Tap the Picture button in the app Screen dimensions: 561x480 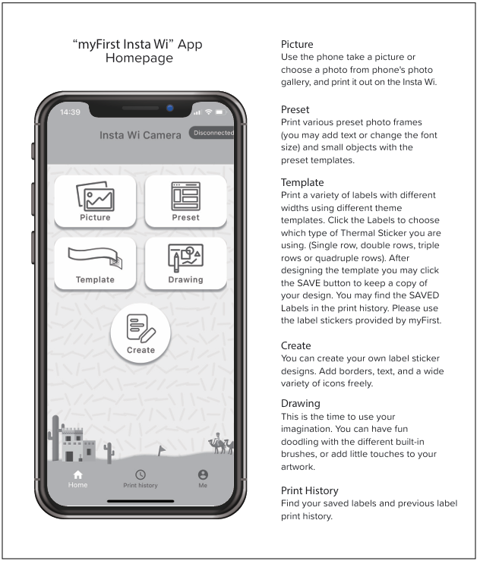pyautogui.click(x=95, y=201)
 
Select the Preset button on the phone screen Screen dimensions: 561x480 pyautogui.click(x=185, y=201)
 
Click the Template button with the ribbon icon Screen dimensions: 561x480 pyautogui.click(x=95, y=263)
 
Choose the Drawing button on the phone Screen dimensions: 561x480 pyautogui.click(x=185, y=263)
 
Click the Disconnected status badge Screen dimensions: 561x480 pyautogui.click(x=213, y=133)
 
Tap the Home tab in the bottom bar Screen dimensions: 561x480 pyautogui.click(x=77, y=478)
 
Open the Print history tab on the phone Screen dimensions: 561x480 pyautogui.click(x=141, y=478)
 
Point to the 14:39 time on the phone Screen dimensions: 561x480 pyautogui.click(x=70, y=112)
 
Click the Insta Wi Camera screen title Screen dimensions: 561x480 pyautogui.click(x=141, y=135)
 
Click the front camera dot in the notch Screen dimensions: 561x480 pyautogui.click(x=170, y=108)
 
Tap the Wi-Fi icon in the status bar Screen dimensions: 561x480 pyautogui.click(x=208, y=112)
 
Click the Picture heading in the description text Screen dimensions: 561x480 pyautogui.click(x=297, y=44)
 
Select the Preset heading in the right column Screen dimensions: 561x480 pyautogui.click(x=295, y=110)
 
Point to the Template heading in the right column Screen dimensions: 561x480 pyautogui.click(x=302, y=183)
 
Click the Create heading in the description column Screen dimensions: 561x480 pyautogui.click(x=296, y=345)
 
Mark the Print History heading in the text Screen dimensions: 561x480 pyautogui.click(x=310, y=491)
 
